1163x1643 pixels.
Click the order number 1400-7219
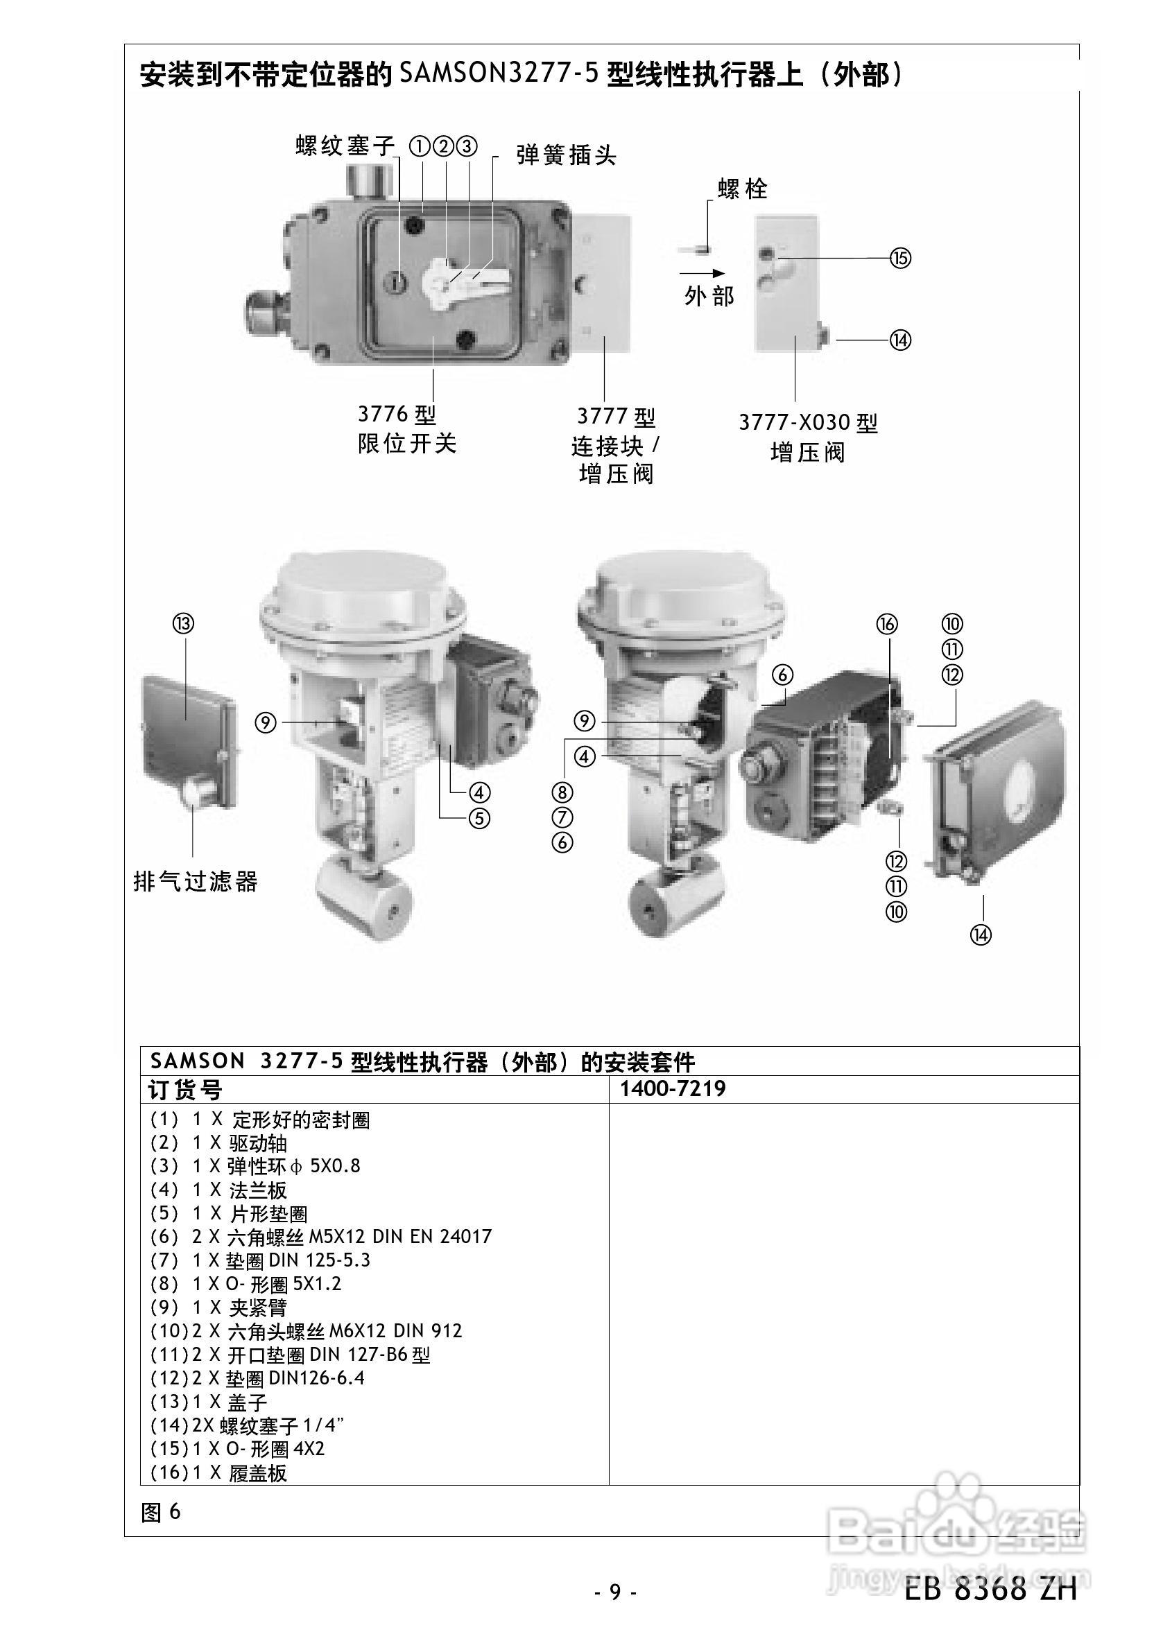[x=673, y=1089]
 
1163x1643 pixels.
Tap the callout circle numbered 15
[x=900, y=258]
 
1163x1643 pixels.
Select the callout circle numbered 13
[x=183, y=623]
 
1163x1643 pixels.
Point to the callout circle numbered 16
[x=886, y=624]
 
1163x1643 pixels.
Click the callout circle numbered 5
[x=479, y=817]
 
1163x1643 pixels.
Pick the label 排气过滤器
[x=196, y=881]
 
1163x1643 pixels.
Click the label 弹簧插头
[x=566, y=155]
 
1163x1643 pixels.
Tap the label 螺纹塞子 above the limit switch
[x=345, y=146]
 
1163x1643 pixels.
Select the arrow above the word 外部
[x=703, y=272]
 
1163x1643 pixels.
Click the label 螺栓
[x=743, y=189]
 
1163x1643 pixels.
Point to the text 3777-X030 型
[x=808, y=422]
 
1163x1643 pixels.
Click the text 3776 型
[x=397, y=414]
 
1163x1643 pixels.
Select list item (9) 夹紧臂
[x=218, y=1307]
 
